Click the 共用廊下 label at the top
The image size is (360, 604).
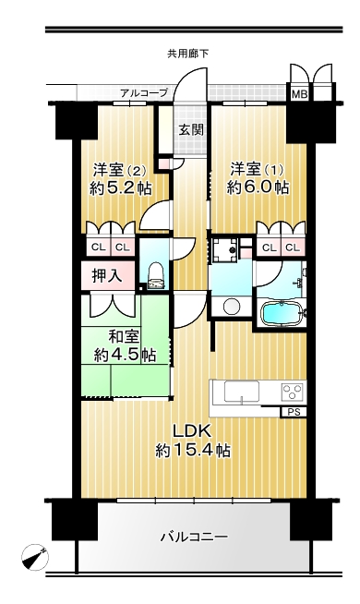pyautogui.click(x=188, y=54)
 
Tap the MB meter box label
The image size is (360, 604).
pyautogui.click(x=299, y=94)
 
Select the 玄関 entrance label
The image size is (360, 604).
pyautogui.click(x=190, y=130)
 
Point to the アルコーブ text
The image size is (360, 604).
pyautogui.click(x=144, y=93)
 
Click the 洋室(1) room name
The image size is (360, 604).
pyautogui.click(x=258, y=170)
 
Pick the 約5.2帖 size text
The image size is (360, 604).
pyautogui.click(x=121, y=188)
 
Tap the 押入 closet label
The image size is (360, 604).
pyautogui.click(x=107, y=276)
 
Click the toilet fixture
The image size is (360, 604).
pyautogui.click(x=156, y=274)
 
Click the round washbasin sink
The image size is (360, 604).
pyautogui.click(x=231, y=307)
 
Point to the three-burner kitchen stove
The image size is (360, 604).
pyautogui.click(x=294, y=392)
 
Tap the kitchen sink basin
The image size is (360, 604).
pyautogui.click(x=242, y=392)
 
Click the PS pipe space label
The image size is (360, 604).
pyautogui.click(x=294, y=412)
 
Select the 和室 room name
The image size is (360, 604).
pyautogui.click(x=124, y=337)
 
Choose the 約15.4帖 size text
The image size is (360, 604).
pyautogui.click(x=193, y=450)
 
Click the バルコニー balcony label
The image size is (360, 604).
pyautogui.click(x=195, y=537)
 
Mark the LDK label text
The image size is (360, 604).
pyautogui.click(x=192, y=431)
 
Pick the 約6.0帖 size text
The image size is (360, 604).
pyautogui.click(x=258, y=187)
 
